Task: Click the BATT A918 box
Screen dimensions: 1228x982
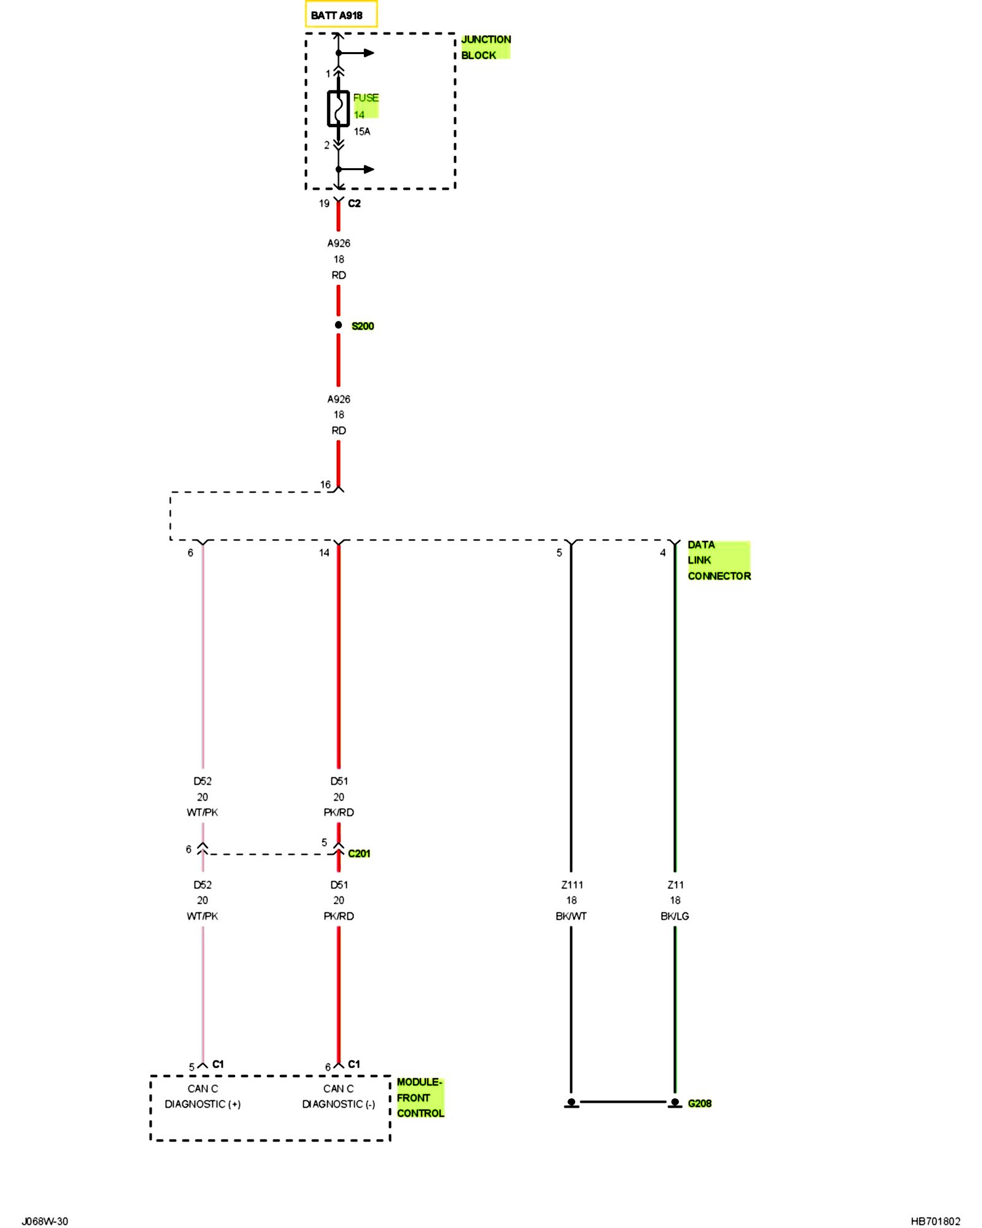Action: pos(341,15)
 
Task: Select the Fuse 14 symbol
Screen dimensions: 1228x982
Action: pos(338,109)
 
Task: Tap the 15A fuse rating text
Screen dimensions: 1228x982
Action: pos(362,131)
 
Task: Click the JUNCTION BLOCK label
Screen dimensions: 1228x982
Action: pos(485,47)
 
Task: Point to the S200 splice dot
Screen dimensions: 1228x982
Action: pos(338,325)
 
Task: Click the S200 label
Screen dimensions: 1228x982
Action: pos(363,326)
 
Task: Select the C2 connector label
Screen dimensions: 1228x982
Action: pos(354,203)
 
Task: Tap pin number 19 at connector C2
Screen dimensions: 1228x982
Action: pos(324,203)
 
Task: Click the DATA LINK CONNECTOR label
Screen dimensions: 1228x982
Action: pos(718,560)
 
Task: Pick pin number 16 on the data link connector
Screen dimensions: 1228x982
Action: pos(325,484)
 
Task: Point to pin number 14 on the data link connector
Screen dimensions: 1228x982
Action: pos(324,553)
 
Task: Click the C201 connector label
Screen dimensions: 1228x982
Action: pos(359,853)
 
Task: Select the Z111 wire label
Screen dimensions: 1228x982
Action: pos(572,885)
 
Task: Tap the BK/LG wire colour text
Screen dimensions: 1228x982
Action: pos(675,916)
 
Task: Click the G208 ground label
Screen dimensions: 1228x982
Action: pos(700,1103)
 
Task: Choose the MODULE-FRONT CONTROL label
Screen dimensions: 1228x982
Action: pos(420,1097)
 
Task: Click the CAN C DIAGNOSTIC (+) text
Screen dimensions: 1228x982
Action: pos(203,1096)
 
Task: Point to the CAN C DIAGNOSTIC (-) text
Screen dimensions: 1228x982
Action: pos(338,1096)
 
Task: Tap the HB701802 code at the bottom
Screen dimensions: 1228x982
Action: pos(935,1221)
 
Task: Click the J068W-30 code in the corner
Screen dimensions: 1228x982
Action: pos(45,1221)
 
